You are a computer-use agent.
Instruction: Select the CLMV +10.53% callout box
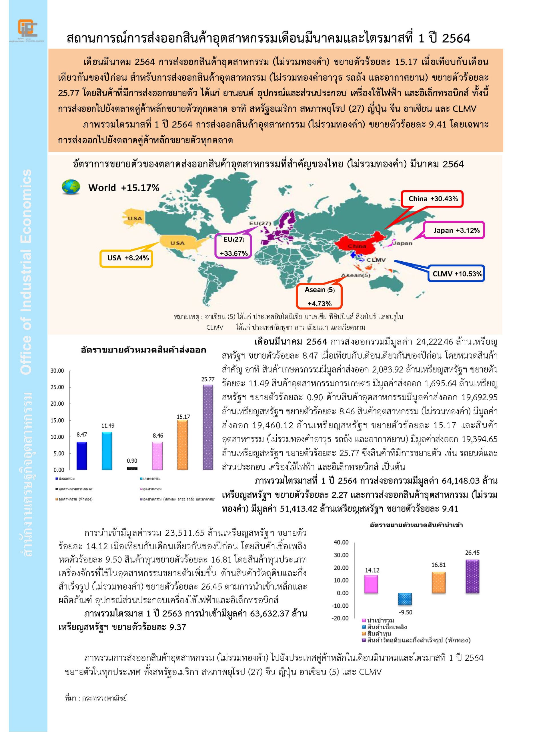tap(457, 274)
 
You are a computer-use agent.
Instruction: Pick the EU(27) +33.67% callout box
tap(233, 246)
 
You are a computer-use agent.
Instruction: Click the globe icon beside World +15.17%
tap(71, 187)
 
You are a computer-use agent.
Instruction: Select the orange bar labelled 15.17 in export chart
tap(182, 445)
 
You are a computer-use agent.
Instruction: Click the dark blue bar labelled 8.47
tap(81, 455)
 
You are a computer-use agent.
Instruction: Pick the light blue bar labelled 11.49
tap(107, 451)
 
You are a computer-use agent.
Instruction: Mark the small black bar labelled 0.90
tap(132, 468)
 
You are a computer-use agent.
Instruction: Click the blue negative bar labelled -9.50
tap(405, 599)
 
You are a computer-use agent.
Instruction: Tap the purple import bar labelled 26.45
tap(472, 576)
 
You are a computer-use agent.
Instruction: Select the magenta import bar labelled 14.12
tap(371, 584)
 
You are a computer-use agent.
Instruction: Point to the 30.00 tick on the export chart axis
tap(57, 371)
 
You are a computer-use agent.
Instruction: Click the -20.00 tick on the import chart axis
tap(340, 618)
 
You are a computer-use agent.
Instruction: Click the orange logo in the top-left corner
tap(27, 28)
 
